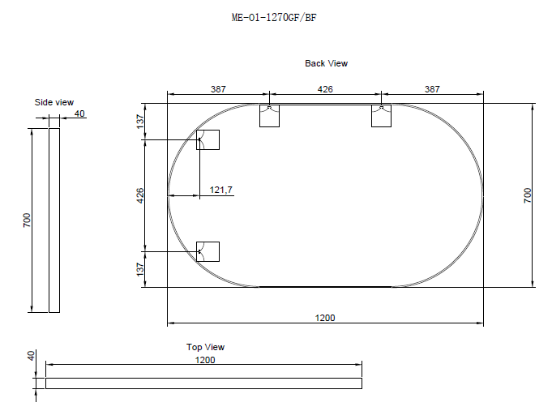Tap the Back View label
click(326, 63)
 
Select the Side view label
click(53, 102)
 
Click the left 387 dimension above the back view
click(217, 89)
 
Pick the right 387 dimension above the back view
click(432, 89)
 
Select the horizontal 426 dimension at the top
click(325, 89)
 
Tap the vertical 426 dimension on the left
click(139, 195)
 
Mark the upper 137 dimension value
click(139, 122)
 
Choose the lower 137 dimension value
click(139, 268)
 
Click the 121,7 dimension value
click(221, 190)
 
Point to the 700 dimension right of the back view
click(527, 195)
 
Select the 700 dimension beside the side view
click(26, 220)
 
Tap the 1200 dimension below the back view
click(325, 318)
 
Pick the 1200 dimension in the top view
click(206, 359)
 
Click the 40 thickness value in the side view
click(79, 113)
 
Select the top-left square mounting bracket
click(269, 116)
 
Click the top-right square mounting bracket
click(382, 116)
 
